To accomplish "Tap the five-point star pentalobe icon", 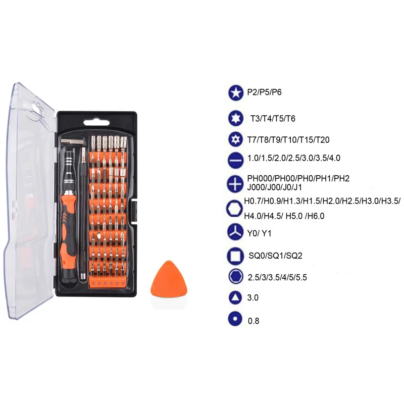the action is coord(235,93).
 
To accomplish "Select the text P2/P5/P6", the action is coord(264,92).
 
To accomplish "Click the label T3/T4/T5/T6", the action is coord(273,119).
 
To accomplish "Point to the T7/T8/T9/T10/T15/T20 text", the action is coord(288,140).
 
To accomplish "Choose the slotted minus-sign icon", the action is coord(235,160).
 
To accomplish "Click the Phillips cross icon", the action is coord(235,184).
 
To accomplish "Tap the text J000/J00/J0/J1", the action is coord(274,187).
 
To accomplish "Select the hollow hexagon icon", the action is coord(234,209).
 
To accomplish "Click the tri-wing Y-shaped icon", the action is coord(235,232).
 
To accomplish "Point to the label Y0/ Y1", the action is coord(259,233).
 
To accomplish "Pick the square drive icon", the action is coord(235,256).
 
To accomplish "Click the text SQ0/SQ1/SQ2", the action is coord(275,256).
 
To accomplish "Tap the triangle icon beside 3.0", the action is coord(235,297).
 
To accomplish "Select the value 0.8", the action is coord(254,321).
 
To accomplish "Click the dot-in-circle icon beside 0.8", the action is coord(235,319).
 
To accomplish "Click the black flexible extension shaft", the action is coord(83,214).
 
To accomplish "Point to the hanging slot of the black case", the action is coord(96,123).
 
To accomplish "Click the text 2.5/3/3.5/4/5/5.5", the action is coord(277,277).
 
